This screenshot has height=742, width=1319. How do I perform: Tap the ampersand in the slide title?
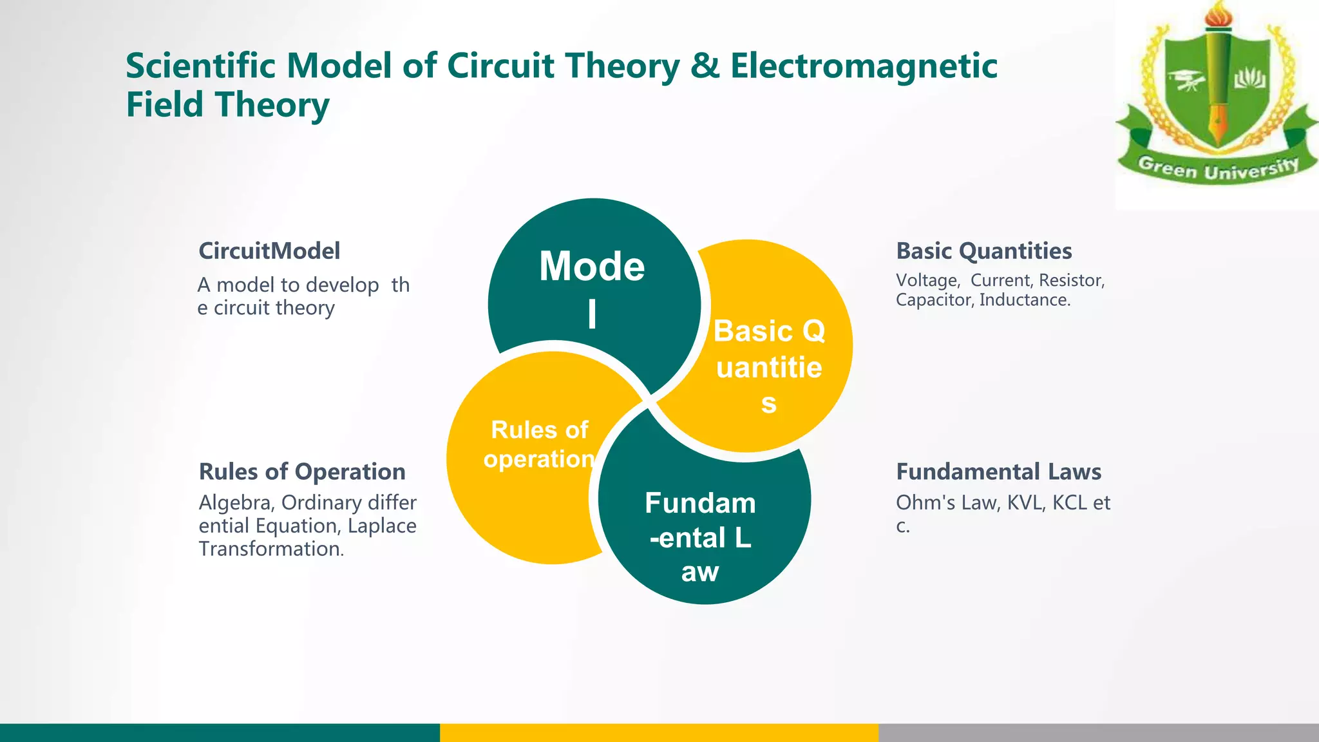(705, 66)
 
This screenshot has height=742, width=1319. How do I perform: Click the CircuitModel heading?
(269, 251)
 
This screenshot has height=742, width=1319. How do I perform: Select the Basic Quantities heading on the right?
(983, 251)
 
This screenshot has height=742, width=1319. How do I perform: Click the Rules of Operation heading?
(301, 471)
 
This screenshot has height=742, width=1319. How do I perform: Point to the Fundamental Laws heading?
(998, 471)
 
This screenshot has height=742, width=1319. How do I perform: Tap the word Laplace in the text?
(382, 526)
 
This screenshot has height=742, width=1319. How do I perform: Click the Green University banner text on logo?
(1217, 169)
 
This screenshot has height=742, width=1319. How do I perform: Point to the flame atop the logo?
(1218, 14)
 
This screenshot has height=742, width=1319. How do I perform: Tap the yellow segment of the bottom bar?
(659, 732)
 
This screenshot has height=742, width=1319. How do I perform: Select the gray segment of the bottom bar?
(1098, 732)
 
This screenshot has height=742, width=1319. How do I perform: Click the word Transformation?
(270, 549)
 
